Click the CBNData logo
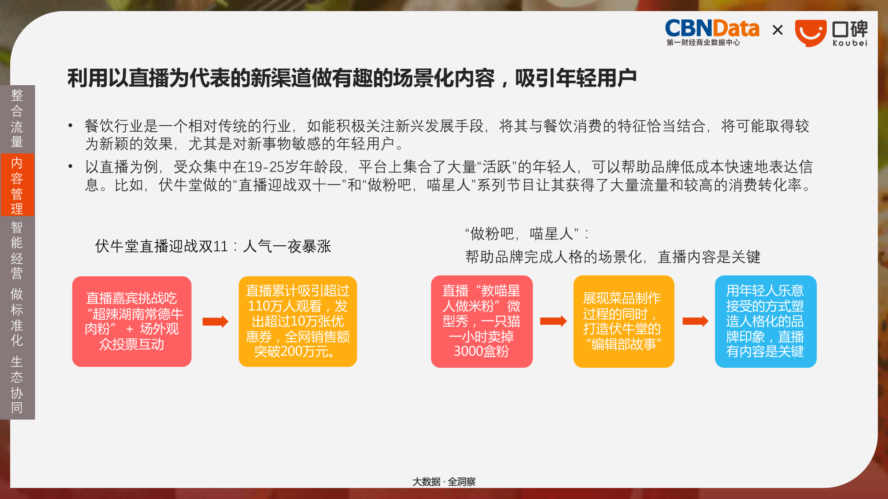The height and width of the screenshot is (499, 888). pyautogui.click(x=712, y=32)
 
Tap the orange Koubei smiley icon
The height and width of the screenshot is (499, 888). pyautogui.click(x=811, y=33)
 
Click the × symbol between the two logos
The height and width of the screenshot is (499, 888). pyautogui.click(x=777, y=30)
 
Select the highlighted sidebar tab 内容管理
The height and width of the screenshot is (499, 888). pyautogui.click(x=17, y=185)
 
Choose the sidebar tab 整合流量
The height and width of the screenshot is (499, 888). pyautogui.click(x=17, y=118)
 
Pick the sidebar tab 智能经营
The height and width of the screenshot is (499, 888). pyautogui.click(x=17, y=251)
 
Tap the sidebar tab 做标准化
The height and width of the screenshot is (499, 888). pyautogui.click(x=17, y=317)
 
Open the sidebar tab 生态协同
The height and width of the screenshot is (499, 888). pyautogui.click(x=17, y=385)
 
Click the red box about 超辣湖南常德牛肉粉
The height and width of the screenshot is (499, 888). pyautogui.click(x=132, y=322)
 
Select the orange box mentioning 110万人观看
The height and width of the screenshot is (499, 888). pyautogui.click(x=297, y=322)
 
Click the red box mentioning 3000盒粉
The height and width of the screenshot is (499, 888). pyautogui.click(x=482, y=322)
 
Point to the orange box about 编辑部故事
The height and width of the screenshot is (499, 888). pyautogui.click(x=624, y=322)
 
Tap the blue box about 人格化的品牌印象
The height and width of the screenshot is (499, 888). pyautogui.click(x=765, y=322)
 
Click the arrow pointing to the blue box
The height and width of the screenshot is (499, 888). pyautogui.click(x=695, y=321)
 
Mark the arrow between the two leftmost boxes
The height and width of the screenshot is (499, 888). pyautogui.click(x=215, y=322)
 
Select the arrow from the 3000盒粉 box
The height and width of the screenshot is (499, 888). pyautogui.click(x=553, y=321)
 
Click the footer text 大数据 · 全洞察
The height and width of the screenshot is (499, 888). pyautogui.click(x=444, y=482)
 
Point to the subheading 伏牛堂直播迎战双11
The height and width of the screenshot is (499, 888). pyautogui.click(x=161, y=246)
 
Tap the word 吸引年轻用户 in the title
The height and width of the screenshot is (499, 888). pyautogui.click(x=575, y=79)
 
